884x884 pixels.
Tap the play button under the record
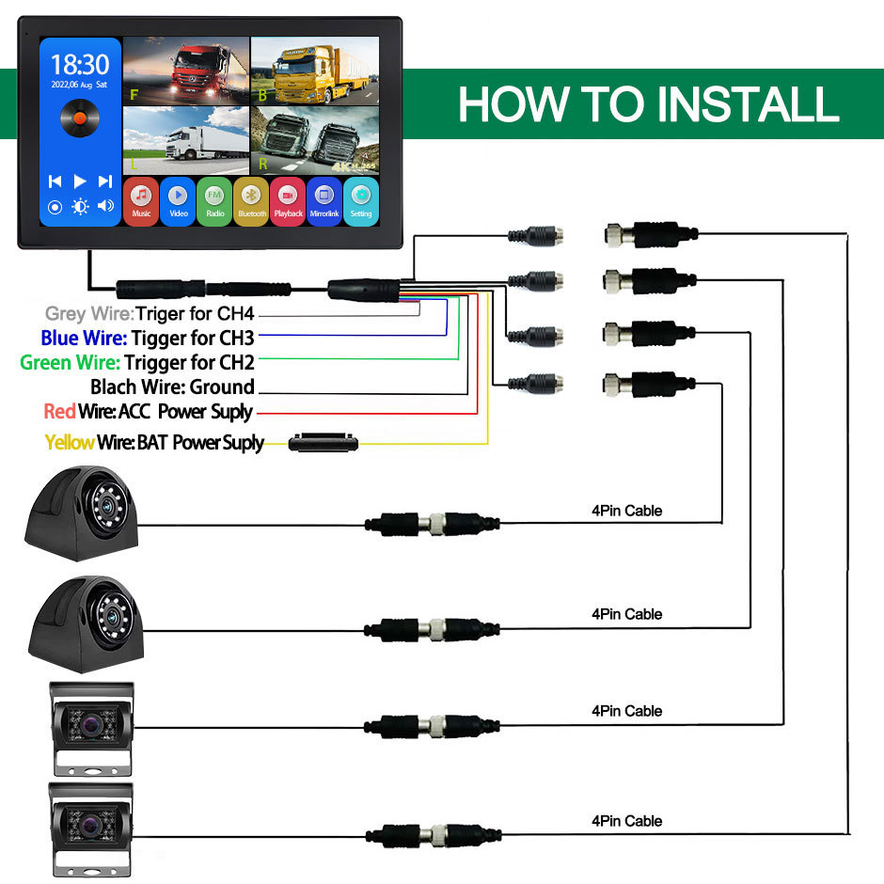(80, 182)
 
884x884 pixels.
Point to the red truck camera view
(186, 71)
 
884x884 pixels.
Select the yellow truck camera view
(315, 71)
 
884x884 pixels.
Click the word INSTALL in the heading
(743, 104)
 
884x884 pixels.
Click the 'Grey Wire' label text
(88, 314)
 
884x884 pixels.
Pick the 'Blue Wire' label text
(83, 338)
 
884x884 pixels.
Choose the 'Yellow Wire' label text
(70, 442)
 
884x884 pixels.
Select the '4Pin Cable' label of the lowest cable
(626, 821)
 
